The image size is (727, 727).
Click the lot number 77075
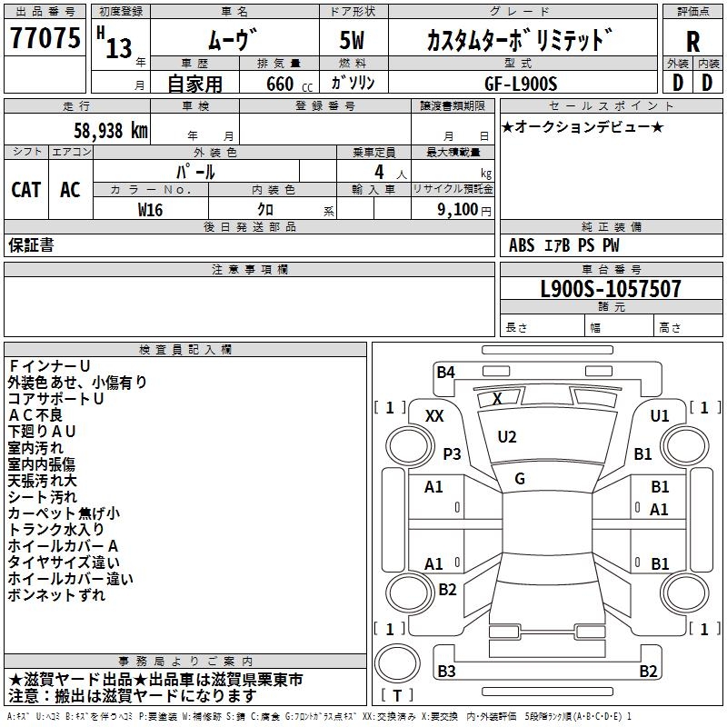tap(45, 38)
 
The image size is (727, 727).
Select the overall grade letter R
tap(692, 42)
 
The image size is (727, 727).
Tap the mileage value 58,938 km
tap(111, 131)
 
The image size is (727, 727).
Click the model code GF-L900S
tap(521, 84)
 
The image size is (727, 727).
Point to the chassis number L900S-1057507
tap(611, 289)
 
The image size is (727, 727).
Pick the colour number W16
tap(150, 210)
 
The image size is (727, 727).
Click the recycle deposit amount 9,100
tap(457, 210)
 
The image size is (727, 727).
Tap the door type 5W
tap(352, 40)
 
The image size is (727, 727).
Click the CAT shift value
tap(26, 190)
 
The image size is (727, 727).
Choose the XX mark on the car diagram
tap(434, 416)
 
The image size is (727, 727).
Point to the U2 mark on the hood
tap(507, 437)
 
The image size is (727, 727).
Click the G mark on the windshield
tap(520, 479)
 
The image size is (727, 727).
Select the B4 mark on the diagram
tap(445, 373)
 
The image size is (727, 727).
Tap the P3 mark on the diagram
tap(452, 453)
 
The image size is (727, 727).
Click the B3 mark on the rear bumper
tap(446, 671)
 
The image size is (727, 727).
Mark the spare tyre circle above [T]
tap(397, 663)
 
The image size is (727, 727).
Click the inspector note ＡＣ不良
tap(35, 415)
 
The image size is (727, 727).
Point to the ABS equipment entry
tap(522, 245)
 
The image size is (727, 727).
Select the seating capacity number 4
tap(379, 172)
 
